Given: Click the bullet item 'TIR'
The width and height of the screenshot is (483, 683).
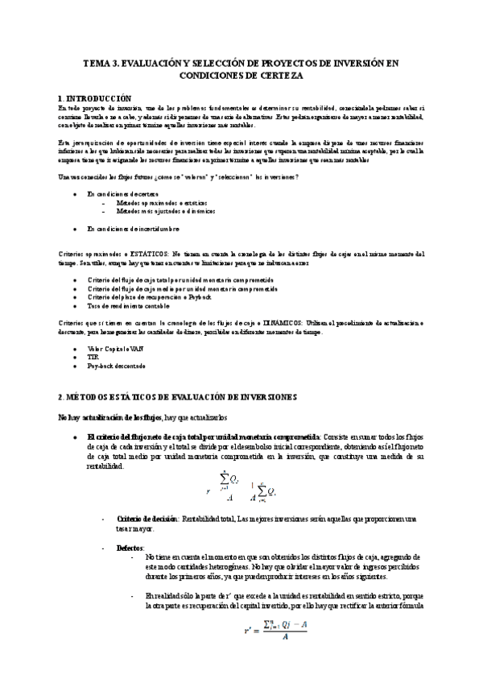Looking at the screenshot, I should click(94, 357).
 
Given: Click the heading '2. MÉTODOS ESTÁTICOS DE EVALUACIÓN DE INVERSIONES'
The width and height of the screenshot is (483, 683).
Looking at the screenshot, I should click(178, 398).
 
